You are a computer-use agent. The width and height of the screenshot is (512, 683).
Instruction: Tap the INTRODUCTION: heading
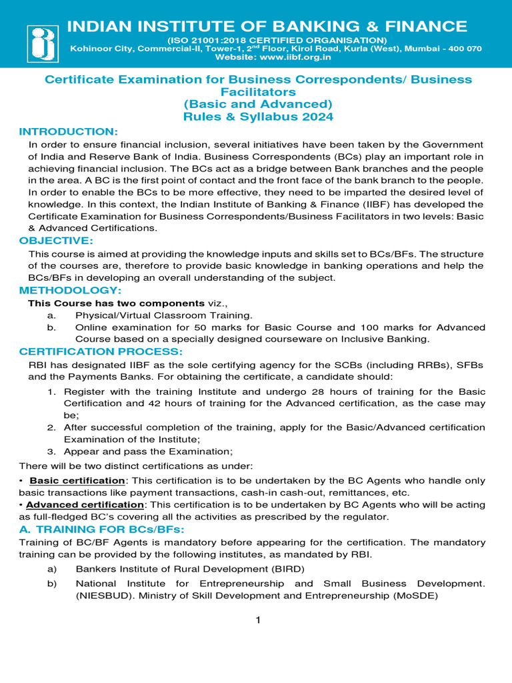click(x=69, y=131)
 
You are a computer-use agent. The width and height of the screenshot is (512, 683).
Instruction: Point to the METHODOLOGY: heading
click(x=71, y=290)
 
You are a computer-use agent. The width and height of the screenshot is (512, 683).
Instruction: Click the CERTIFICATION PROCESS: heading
click(x=101, y=352)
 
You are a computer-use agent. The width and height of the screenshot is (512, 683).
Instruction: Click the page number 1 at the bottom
click(x=257, y=621)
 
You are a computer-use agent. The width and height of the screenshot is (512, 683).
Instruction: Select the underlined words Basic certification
click(x=77, y=480)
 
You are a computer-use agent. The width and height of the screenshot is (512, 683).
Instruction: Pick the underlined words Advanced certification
click(x=85, y=504)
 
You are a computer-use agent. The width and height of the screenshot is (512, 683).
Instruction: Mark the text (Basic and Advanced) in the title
click(x=257, y=104)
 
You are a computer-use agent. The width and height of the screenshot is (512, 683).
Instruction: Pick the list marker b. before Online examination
click(x=51, y=327)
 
